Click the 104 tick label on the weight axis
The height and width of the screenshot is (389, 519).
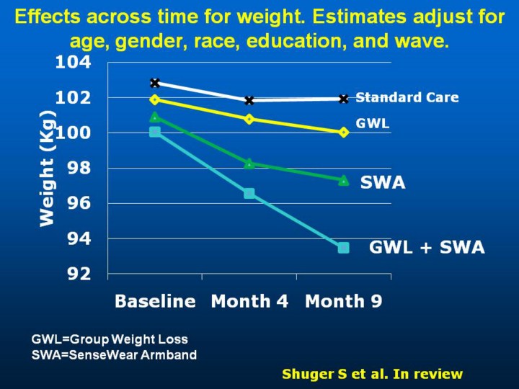click(74, 63)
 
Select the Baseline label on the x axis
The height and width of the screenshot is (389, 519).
click(155, 301)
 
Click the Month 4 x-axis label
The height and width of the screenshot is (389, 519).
click(249, 301)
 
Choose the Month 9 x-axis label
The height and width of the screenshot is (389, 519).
click(344, 301)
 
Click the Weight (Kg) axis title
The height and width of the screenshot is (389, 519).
click(48, 169)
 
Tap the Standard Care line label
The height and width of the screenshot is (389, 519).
click(407, 97)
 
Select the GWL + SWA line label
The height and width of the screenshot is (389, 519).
click(427, 249)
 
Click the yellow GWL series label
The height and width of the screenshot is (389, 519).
click(373, 123)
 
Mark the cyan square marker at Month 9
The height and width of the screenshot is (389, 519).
click(343, 248)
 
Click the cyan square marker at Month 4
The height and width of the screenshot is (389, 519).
click(249, 193)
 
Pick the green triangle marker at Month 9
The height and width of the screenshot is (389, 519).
click(343, 180)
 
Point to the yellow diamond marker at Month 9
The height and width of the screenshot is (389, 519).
click(343, 132)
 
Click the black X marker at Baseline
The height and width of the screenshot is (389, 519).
click(155, 83)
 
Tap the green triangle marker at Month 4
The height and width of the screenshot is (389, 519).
click(249, 164)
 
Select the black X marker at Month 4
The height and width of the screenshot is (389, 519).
click(249, 100)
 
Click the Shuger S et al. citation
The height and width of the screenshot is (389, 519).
click(372, 374)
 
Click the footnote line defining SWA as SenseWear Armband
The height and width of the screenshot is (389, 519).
click(114, 354)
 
